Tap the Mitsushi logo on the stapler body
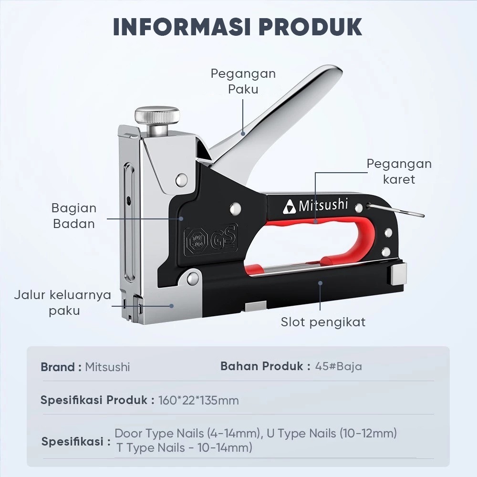coord(315,206)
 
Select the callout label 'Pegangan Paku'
coord(243,81)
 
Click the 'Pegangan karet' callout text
coord(399,171)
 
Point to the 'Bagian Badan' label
coord(74,216)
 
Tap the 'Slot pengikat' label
coord(323,322)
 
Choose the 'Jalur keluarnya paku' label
coord(62,303)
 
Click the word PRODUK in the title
coord(311,27)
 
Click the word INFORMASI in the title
coord(182,27)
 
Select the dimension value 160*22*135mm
coord(198,400)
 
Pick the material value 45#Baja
coord(339,366)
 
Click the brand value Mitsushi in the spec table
coord(107,367)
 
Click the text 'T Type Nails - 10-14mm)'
coord(184,448)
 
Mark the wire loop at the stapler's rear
coord(396,210)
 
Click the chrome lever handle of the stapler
coord(274,115)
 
